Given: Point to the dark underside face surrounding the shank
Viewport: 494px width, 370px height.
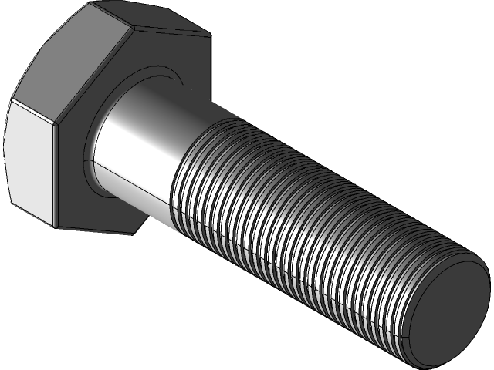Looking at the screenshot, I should pyautogui.click(x=123, y=200).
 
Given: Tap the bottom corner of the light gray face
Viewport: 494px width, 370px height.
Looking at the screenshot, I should pyautogui.click(x=54, y=226).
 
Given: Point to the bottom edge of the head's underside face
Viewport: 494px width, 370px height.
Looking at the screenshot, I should pyautogui.click(x=100, y=229).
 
